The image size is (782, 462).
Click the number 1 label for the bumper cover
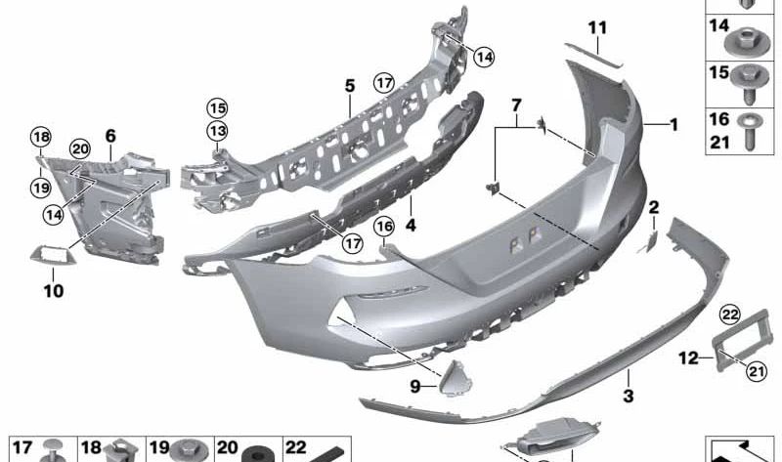coord(673,124)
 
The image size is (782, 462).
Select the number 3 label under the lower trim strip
coord(629,397)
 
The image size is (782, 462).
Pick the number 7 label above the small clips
coord(517,103)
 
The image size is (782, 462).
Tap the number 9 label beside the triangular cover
coord(415,387)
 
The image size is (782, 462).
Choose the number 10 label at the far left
coord(53,290)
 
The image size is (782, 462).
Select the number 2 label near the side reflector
coord(654,206)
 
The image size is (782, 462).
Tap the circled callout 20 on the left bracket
coord(79,148)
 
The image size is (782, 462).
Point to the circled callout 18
coord(39,137)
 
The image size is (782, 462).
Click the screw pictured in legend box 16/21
coord(749,136)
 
